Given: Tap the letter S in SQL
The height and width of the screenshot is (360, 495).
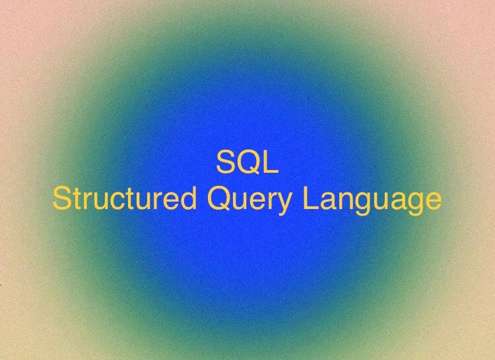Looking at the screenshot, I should click(x=226, y=163).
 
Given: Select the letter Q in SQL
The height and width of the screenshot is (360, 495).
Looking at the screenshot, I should click(x=247, y=163).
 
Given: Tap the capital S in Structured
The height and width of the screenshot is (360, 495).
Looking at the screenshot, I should click(x=61, y=198).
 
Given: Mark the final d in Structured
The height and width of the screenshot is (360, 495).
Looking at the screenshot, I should click(x=189, y=198).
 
